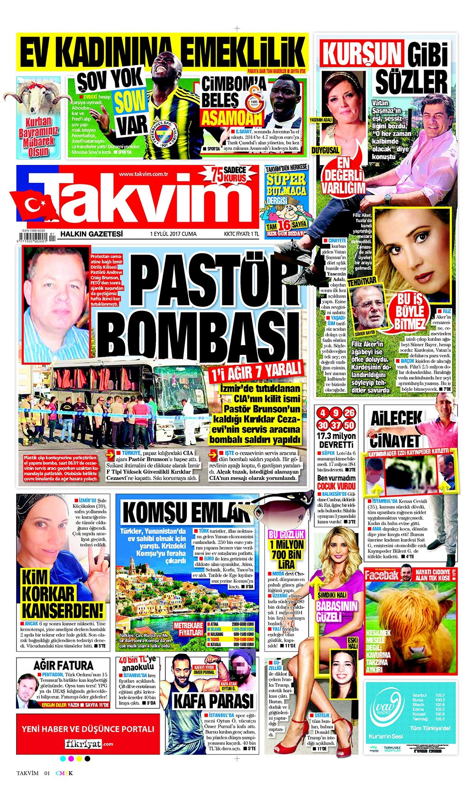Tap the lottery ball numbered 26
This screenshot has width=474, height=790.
click(350, 412)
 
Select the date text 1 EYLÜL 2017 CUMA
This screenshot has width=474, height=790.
click(173, 234)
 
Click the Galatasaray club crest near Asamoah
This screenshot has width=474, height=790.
click(255, 102)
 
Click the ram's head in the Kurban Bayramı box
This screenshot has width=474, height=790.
click(38, 97)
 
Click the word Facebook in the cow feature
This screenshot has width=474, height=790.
click(381, 575)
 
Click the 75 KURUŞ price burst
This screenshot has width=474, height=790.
click(229, 175)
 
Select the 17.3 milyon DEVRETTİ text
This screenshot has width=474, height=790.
click(336, 440)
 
